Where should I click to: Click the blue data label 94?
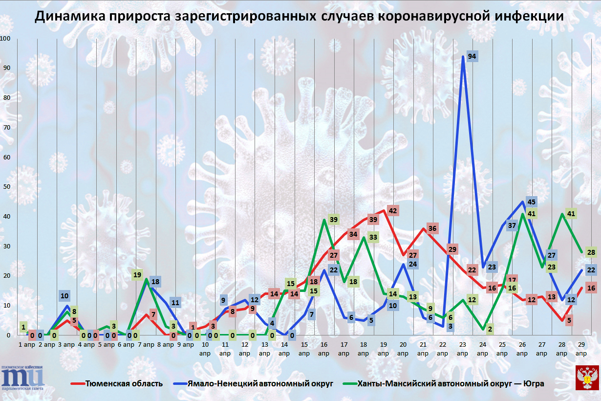click(x=472, y=57)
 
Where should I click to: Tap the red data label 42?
click(x=392, y=211)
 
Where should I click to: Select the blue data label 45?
click(x=532, y=202)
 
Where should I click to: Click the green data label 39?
click(x=334, y=220)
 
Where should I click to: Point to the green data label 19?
click(x=137, y=275)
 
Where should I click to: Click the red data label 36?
click(x=432, y=228)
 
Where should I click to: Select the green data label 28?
click(x=591, y=252)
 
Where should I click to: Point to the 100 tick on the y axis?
click(x=6, y=39)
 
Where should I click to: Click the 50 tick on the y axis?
click(x=6, y=187)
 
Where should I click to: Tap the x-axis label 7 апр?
click(x=148, y=345)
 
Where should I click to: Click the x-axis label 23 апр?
click(x=462, y=349)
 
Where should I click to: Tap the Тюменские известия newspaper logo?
click(x=22, y=378)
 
